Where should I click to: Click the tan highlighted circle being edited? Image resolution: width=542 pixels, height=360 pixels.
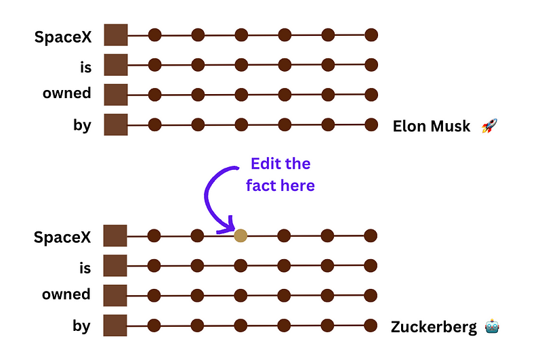[x=241, y=235]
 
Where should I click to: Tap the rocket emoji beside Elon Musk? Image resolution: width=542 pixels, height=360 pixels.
[x=489, y=126]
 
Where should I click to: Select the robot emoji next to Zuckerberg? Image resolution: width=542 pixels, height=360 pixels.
[x=492, y=328]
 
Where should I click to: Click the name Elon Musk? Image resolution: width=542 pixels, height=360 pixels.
[x=432, y=127]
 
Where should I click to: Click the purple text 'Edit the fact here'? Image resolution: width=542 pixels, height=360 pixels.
[x=280, y=174]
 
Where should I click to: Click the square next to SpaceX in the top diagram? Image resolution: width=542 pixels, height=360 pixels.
[x=116, y=35]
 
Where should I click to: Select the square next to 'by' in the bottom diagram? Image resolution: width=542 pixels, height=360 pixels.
[x=116, y=325]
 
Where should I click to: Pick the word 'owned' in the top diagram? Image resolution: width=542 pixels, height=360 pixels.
[x=66, y=93]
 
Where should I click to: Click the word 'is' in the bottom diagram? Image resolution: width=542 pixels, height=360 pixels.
[x=84, y=268]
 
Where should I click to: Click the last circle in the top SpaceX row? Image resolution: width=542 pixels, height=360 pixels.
[x=371, y=35]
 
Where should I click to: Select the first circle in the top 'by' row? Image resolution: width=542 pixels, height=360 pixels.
[x=154, y=125]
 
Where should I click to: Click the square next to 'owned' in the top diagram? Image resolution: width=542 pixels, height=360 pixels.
[x=116, y=95]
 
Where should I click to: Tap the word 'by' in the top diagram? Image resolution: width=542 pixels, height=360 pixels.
[x=82, y=125]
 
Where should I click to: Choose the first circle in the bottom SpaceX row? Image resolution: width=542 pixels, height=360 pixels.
[x=154, y=235]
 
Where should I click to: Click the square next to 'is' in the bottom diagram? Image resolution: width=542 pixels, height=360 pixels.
[x=116, y=265]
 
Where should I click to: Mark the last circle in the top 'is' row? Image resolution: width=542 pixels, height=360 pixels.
[x=371, y=65]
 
